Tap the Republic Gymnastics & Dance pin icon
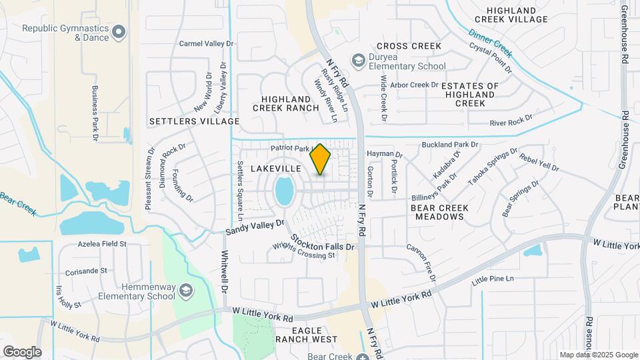coord(119,31)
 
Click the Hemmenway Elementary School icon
coord(185,290)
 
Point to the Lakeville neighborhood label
coord(277,169)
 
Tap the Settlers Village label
coord(194,121)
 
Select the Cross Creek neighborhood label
coord(409,46)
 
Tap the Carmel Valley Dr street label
coord(207,43)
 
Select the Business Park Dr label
coord(95,113)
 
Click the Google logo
coord(22,351)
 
